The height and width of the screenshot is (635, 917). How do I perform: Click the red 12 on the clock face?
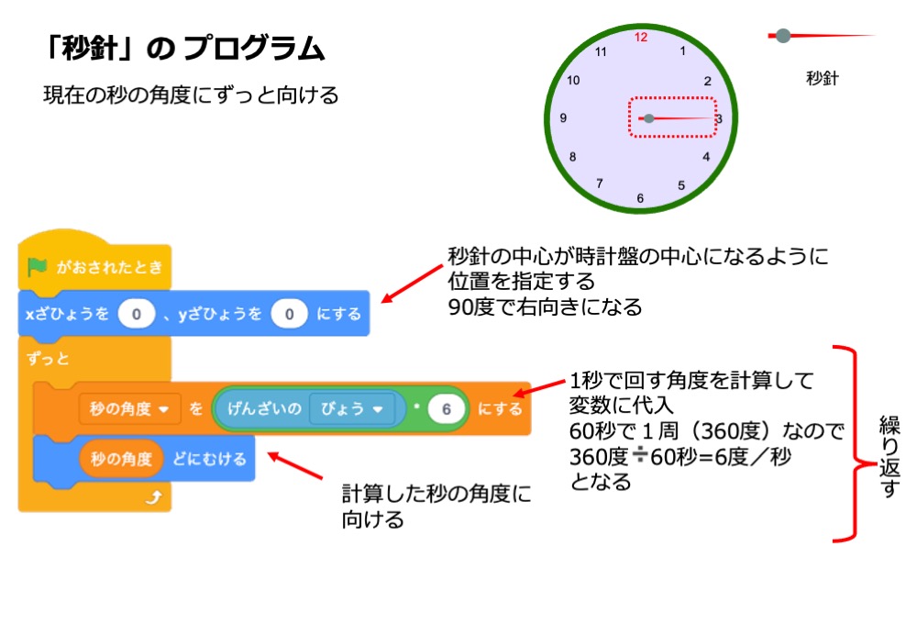[x=641, y=38]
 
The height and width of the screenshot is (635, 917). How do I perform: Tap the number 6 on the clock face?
[x=640, y=198]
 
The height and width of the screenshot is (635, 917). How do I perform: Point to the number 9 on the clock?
[x=562, y=118]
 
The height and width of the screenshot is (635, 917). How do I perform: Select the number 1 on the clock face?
[x=682, y=50]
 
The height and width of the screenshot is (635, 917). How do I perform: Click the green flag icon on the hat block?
[x=38, y=267]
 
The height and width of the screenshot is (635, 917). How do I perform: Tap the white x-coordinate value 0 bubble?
[x=136, y=315]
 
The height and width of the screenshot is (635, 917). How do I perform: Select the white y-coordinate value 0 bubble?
[x=289, y=315]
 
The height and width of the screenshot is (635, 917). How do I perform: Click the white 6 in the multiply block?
[x=447, y=409]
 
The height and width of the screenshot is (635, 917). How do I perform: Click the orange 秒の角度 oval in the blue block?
[x=121, y=459]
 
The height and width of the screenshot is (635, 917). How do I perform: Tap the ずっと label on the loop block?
[x=49, y=359]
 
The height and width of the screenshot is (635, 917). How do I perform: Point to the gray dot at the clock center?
[x=649, y=118]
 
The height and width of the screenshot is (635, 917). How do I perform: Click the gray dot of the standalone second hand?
[x=783, y=36]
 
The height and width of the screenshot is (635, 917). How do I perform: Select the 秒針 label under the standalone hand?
[x=823, y=78]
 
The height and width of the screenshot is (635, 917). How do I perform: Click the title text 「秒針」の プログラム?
[x=184, y=48]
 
